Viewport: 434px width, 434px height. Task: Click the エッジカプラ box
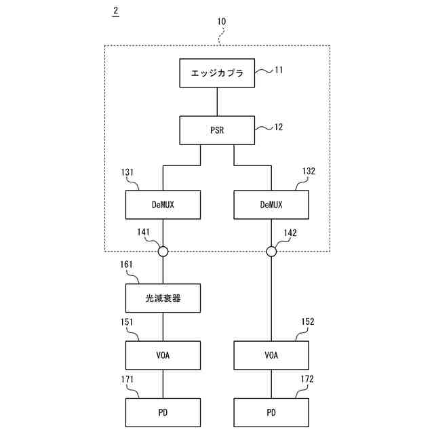(217, 73)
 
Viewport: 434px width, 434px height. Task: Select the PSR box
(217, 130)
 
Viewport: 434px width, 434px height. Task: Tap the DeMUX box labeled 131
(163, 204)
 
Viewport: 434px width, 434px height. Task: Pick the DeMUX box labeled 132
(271, 204)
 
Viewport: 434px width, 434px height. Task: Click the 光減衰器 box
(163, 298)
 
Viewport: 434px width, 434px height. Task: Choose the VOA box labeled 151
(163, 355)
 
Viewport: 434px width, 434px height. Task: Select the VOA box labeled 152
(271, 355)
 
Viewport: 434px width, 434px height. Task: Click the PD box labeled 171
(163, 412)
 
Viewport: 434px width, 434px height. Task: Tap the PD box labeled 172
(271, 412)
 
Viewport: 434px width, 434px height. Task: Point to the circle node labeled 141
(163, 252)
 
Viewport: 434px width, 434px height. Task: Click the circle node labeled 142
(271, 252)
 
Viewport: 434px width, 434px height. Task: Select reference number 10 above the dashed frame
(221, 22)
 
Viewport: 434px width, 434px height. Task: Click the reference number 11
(278, 68)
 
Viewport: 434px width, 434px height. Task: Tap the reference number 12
(278, 126)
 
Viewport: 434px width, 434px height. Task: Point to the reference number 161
(126, 265)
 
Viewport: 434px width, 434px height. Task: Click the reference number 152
(308, 322)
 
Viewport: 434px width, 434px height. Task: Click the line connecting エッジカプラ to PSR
(217, 101)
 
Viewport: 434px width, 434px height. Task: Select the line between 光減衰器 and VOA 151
(163, 326)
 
